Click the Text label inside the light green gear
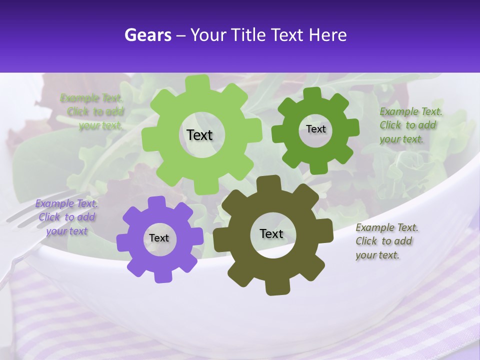point(200,135)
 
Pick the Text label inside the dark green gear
point(315,129)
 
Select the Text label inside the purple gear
point(159,238)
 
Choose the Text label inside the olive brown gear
point(271,234)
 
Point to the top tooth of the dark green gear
point(312,94)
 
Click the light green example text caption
point(92,112)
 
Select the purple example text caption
point(66,217)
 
